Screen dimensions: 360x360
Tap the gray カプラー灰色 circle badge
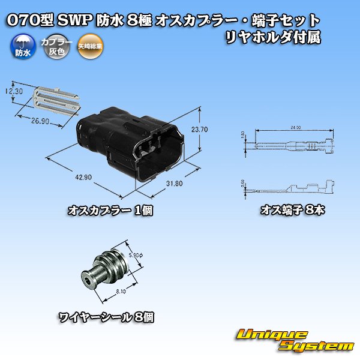pos(52,46)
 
